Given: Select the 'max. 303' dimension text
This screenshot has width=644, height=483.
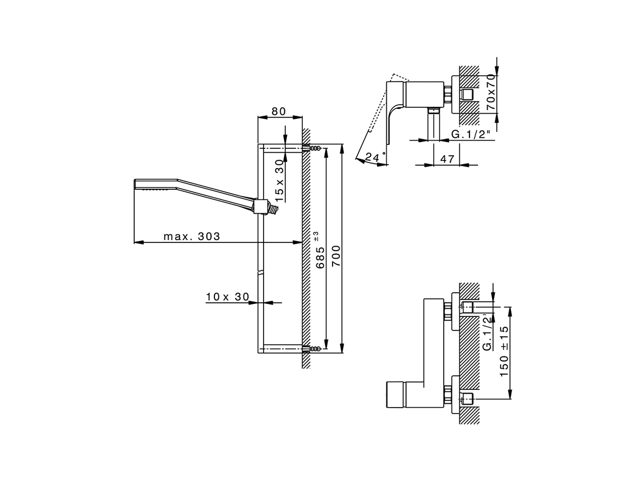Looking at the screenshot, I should (x=192, y=236).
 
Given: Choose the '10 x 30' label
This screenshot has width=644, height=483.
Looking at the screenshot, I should (x=227, y=297).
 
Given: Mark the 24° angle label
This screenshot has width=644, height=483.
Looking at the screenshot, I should (x=375, y=157).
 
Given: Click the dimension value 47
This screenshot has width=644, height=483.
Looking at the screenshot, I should (x=447, y=159).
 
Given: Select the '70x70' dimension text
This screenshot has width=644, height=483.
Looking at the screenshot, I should (x=492, y=94).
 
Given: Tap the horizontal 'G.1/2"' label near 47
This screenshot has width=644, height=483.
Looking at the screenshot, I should (x=470, y=134).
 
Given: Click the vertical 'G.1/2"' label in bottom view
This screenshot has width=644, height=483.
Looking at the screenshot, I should (x=487, y=332).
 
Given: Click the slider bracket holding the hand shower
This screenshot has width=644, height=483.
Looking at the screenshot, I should (x=260, y=206).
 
